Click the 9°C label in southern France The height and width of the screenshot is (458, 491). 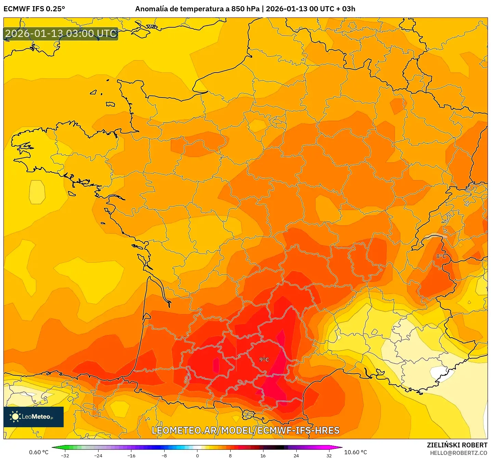pyautogui.click(x=264, y=359)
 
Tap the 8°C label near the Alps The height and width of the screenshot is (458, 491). pyautogui.click(x=441, y=256)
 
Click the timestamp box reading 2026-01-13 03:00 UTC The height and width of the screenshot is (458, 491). pyautogui.click(x=61, y=34)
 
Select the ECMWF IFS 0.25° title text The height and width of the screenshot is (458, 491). pyautogui.click(x=34, y=9)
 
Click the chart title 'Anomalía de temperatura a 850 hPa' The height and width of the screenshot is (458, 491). pyautogui.click(x=197, y=9)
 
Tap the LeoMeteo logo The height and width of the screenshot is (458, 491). pyautogui.click(x=34, y=417)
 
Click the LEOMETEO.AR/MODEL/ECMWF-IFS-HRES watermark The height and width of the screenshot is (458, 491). pyautogui.click(x=245, y=430)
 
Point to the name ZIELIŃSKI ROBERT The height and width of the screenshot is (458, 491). pyautogui.click(x=457, y=445)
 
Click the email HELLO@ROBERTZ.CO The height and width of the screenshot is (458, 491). pyautogui.click(x=458, y=453)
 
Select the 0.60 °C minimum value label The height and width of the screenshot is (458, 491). pyautogui.click(x=39, y=452)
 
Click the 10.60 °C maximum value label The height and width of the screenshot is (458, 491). pyautogui.click(x=356, y=452)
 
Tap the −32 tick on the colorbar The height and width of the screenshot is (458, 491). pyautogui.click(x=65, y=455)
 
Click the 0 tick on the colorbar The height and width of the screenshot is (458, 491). pyautogui.click(x=197, y=455)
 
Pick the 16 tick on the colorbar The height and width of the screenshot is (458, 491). pyautogui.click(x=263, y=455)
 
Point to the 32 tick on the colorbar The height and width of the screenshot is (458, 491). pyautogui.click(x=329, y=455)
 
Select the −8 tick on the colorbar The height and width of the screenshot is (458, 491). pyautogui.click(x=164, y=455)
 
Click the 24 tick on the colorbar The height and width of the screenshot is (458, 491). pyautogui.click(x=296, y=455)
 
